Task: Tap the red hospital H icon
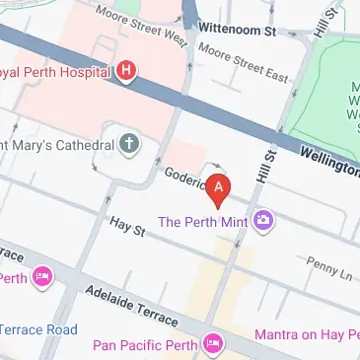(x=126, y=71)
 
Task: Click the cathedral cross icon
(x=129, y=144)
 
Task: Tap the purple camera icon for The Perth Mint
(x=263, y=219)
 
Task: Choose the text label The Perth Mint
(x=205, y=219)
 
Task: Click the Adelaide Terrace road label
(x=131, y=307)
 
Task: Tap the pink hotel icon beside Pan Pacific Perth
(x=211, y=344)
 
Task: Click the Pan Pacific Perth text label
(x=145, y=344)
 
